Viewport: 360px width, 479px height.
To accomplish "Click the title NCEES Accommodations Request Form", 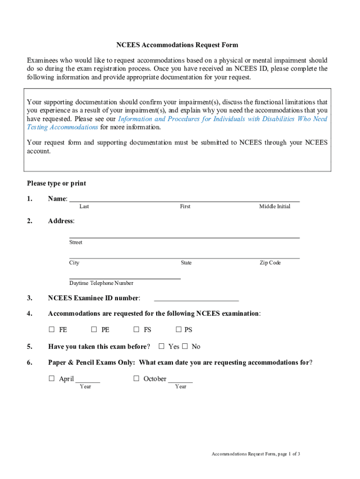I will pyautogui.click(x=177, y=45).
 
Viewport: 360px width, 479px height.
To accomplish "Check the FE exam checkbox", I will pyautogui.click(x=51, y=330).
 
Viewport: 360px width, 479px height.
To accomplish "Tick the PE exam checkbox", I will pyautogui.click(x=94, y=330).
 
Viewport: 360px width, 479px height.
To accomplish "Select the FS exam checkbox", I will pyautogui.click(x=137, y=330).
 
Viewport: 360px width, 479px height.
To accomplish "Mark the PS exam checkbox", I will pyautogui.click(x=179, y=330).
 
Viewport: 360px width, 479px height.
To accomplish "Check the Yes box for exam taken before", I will pyautogui.click(x=162, y=347).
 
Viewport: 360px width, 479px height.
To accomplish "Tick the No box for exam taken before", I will pyautogui.click(x=185, y=347).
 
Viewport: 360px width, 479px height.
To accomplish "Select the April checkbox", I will pyautogui.click(x=51, y=379).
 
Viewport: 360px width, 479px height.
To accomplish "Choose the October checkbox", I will pyautogui.click(x=137, y=379).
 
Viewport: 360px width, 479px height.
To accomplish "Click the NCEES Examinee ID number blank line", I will pyautogui.click(x=196, y=298).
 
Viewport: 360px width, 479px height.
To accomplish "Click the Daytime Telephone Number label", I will pyautogui.click(x=101, y=283).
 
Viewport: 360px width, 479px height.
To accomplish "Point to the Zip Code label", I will pyautogui.click(x=270, y=263).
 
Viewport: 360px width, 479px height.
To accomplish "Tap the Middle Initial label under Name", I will pyautogui.click(x=274, y=206).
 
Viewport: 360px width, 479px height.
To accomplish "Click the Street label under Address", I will pyautogui.click(x=76, y=242).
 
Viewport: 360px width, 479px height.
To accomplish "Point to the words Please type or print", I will pyautogui.click(x=56, y=183).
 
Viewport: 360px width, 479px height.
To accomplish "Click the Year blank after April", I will pyautogui.click(x=87, y=380).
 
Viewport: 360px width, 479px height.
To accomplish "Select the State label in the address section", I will pyautogui.click(x=186, y=263).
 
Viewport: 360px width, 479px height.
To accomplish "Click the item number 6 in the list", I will pyautogui.click(x=29, y=363).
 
